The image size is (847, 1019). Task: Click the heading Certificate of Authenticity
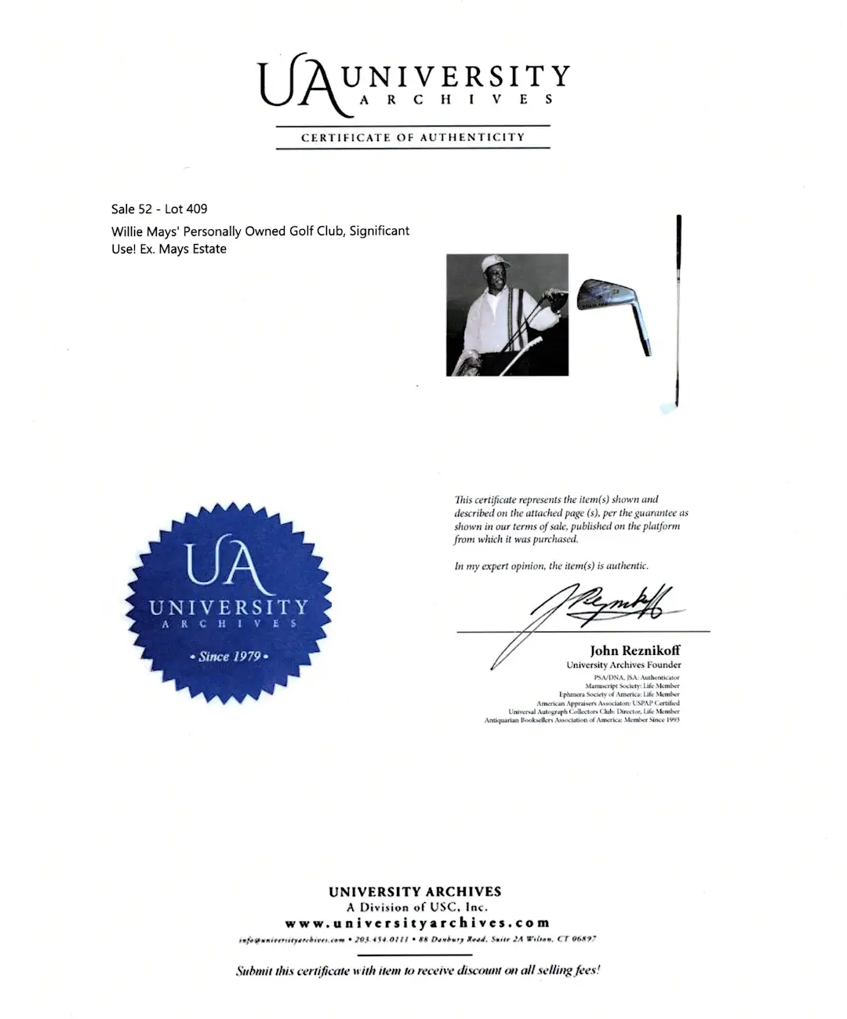click(413, 137)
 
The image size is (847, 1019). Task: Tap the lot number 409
click(198, 209)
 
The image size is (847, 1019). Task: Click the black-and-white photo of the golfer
click(507, 315)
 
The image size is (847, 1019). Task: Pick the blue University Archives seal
click(228, 602)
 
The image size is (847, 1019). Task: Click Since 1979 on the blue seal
click(228, 657)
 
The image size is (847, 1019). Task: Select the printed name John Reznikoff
click(634, 651)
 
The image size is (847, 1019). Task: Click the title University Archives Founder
click(623, 665)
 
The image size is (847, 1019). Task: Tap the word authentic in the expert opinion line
click(627, 566)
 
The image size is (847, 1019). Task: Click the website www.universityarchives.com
click(416, 923)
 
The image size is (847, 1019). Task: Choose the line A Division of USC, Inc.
click(416, 907)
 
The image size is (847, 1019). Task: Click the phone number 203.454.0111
click(379, 939)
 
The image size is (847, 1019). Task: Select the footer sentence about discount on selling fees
click(417, 970)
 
